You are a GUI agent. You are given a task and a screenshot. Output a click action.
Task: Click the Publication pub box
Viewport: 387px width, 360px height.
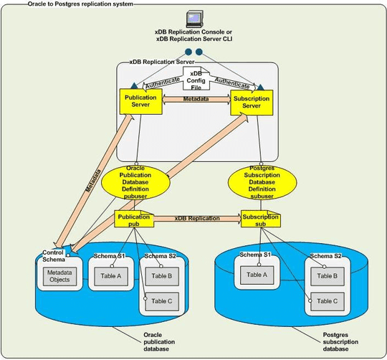coord(135,219)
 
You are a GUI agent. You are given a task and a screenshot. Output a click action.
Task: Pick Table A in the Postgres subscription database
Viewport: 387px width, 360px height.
coord(257,275)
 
